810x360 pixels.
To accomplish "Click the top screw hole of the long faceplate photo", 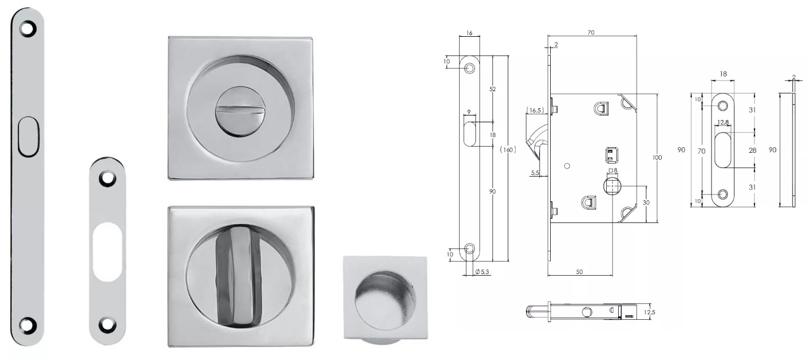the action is coord(28,29).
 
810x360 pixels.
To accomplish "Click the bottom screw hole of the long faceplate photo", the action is coord(28,324).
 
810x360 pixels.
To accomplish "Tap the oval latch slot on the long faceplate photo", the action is coord(28,136).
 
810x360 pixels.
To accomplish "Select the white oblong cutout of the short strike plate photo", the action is coord(107,252).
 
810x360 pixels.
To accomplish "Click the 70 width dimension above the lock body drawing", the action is coord(591,32).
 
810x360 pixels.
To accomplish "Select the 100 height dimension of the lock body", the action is coord(657,157).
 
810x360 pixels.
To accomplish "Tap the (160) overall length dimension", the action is coord(508,149).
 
